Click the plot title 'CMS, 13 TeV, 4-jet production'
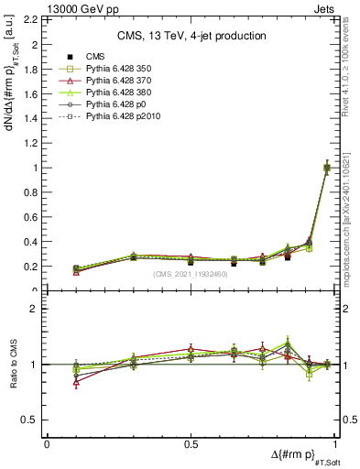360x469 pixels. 191,36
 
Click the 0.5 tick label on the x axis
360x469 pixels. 191,443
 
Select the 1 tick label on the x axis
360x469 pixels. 337,443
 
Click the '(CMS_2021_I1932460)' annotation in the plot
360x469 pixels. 191,273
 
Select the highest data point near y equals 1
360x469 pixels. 327,168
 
